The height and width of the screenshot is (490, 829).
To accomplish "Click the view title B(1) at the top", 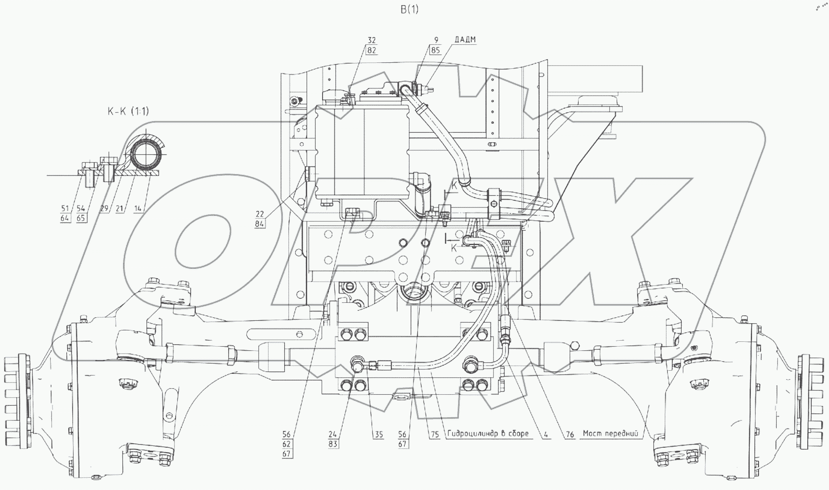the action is click(x=409, y=9).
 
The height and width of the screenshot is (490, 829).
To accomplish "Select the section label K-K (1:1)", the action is click(x=128, y=111).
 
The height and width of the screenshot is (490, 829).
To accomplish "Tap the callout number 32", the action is click(x=371, y=40).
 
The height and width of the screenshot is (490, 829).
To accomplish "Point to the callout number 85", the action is click(x=435, y=50).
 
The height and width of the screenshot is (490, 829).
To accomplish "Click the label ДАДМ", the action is click(x=465, y=40).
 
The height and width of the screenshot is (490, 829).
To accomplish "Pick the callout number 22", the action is click(x=260, y=214).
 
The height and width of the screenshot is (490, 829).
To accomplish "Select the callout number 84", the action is click(x=260, y=224).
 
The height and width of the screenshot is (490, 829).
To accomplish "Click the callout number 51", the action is click(x=65, y=208).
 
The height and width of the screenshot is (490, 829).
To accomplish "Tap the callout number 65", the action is click(x=81, y=218).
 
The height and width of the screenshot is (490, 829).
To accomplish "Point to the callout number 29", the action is click(x=104, y=208).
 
